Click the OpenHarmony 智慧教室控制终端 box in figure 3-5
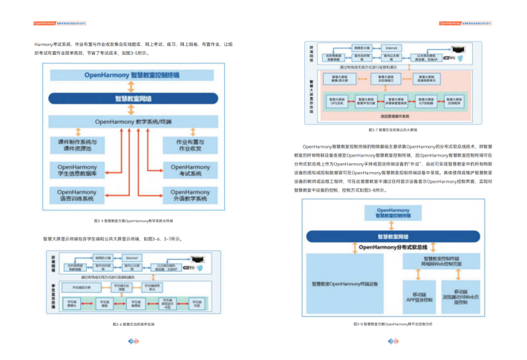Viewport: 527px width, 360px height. pos(132,76)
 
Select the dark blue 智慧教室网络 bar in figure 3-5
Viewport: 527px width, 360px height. pos(132,98)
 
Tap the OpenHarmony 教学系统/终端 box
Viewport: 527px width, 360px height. pos(132,121)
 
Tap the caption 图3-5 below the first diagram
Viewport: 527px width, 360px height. pos(134,220)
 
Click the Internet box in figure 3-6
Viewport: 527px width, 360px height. pos(122,258)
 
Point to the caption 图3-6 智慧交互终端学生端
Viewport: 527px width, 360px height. pos(134,324)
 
